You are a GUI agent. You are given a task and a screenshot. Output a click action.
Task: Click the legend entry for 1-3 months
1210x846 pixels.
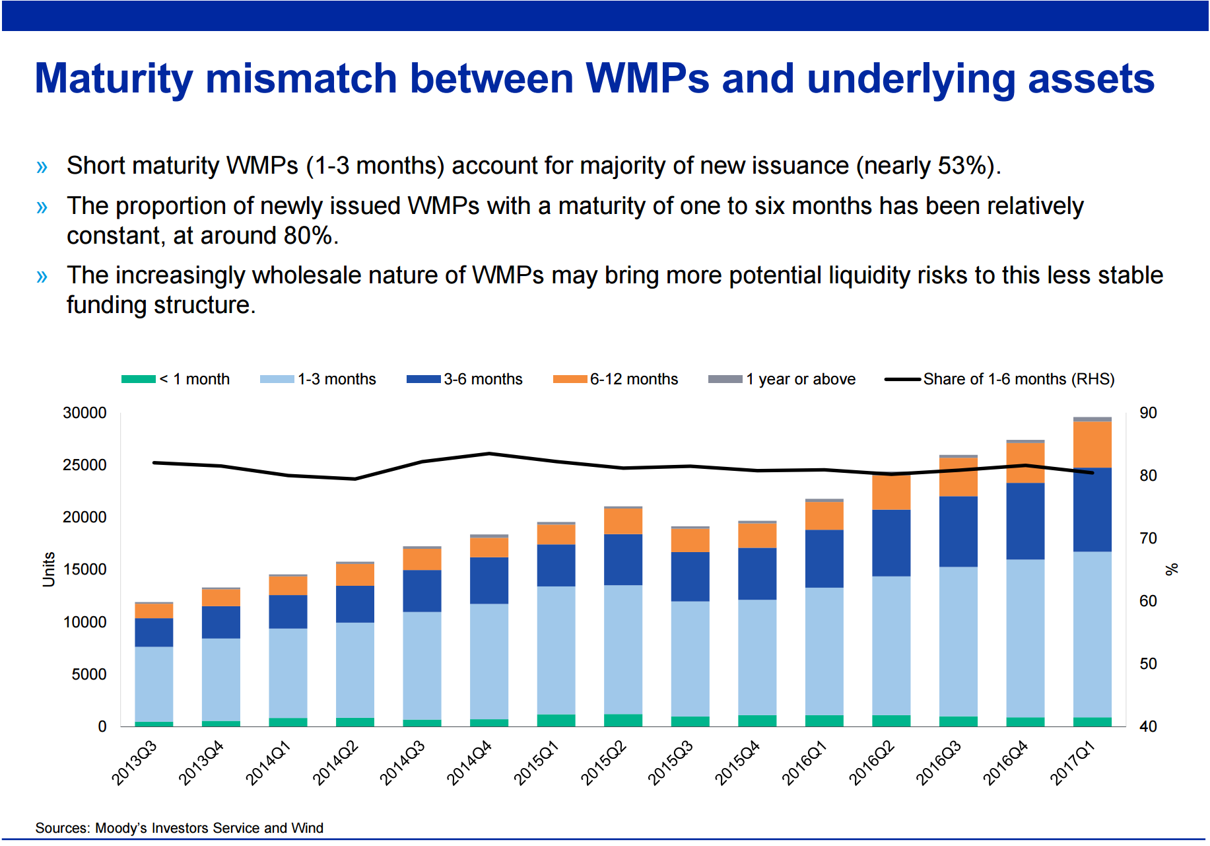pyautogui.click(x=318, y=379)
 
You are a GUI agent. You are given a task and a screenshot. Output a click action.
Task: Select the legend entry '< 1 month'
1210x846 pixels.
pyautogui.click(x=176, y=379)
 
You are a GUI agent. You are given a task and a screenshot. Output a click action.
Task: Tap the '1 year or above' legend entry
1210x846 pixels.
pyautogui.click(x=782, y=379)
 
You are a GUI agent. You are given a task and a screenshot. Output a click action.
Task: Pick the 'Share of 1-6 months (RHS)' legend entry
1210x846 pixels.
pyautogui.click(x=999, y=379)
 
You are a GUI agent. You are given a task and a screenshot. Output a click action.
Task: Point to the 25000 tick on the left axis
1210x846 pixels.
pyautogui.click(x=84, y=465)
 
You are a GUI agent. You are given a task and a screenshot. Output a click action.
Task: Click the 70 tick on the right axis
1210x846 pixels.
pyautogui.click(x=1148, y=538)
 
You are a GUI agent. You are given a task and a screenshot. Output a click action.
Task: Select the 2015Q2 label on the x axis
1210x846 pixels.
pyautogui.click(x=603, y=763)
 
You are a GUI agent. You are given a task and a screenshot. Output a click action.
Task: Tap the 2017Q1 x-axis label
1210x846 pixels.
pyautogui.click(x=1072, y=763)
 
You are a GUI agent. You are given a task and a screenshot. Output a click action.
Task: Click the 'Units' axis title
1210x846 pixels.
pyautogui.click(x=48, y=569)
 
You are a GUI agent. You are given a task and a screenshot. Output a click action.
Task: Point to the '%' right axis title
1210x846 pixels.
pyautogui.click(x=1172, y=569)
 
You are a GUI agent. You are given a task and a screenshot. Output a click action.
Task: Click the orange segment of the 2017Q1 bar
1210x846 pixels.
pyautogui.click(x=1092, y=444)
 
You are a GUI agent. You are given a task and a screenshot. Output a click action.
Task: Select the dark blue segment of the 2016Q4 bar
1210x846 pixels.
pyautogui.click(x=1025, y=521)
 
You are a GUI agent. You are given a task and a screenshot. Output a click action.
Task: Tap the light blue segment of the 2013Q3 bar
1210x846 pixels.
pyautogui.click(x=154, y=684)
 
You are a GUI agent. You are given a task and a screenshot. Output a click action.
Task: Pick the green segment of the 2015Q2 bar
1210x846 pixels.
pyautogui.click(x=623, y=721)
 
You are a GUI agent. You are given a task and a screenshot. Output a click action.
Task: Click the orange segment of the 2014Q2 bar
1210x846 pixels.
pyautogui.click(x=355, y=575)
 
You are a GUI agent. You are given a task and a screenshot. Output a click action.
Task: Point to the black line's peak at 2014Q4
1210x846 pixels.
pyautogui.click(x=489, y=453)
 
